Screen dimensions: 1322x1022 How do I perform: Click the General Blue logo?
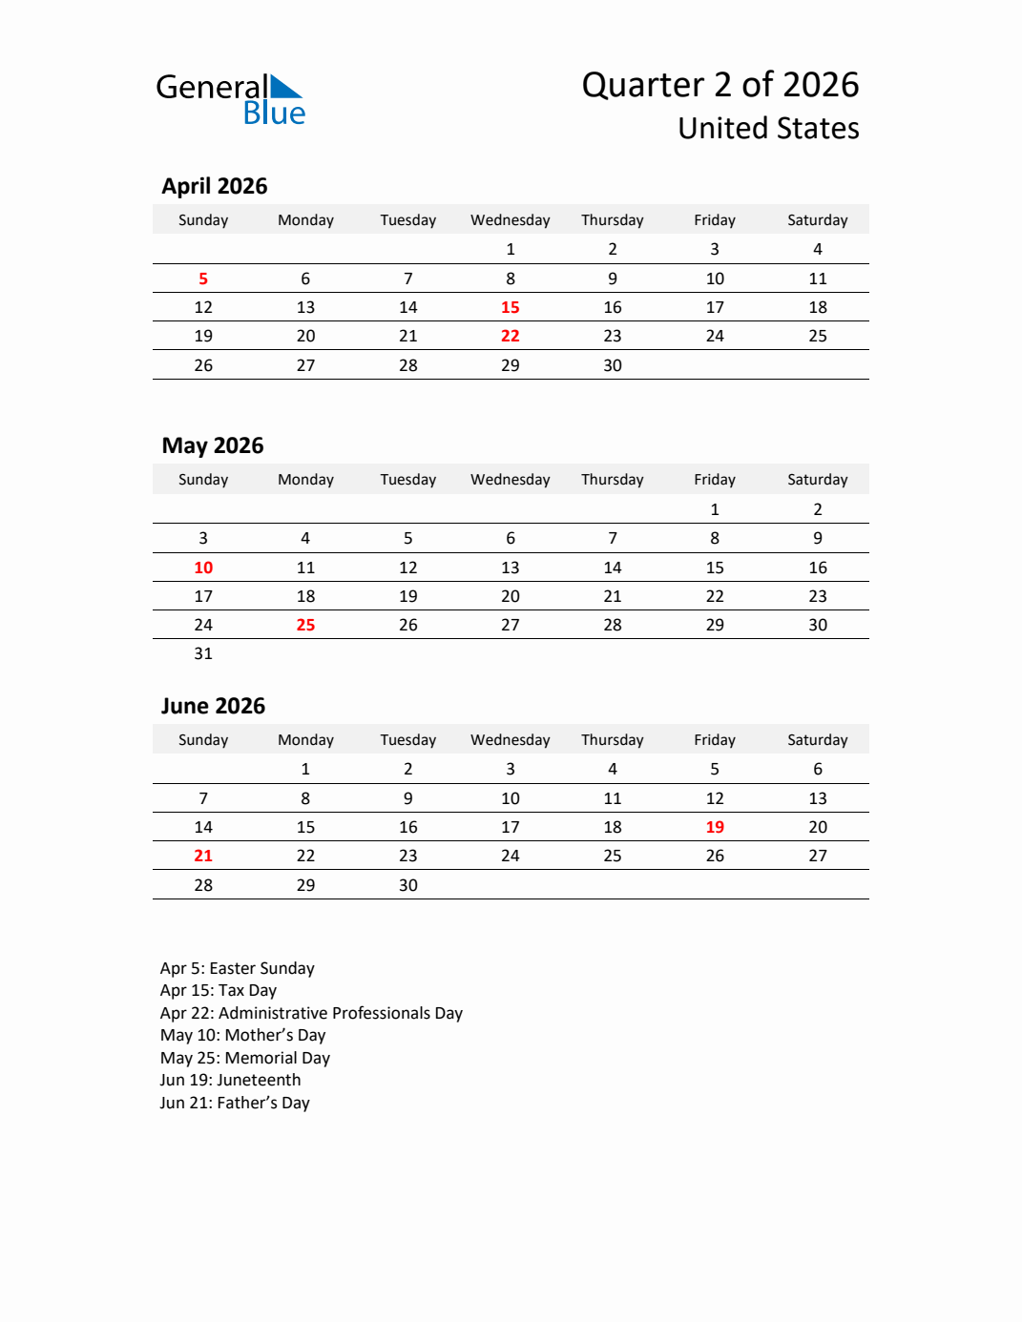pyautogui.click(x=230, y=99)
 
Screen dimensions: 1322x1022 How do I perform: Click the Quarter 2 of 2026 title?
pyautogui.click(x=720, y=85)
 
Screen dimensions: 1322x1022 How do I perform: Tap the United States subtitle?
pyautogui.click(x=768, y=129)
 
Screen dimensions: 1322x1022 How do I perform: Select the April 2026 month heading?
pyautogui.click(x=215, y=186)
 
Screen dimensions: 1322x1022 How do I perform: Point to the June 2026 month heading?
pyautogui.click(x=213, y=706)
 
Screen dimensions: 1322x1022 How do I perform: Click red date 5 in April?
pyautogui.click(x=203, y=279)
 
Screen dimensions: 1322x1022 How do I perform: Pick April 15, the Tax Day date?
pyautogui.click(x=511, y=307)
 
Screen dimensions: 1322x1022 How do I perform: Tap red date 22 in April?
pyautogui.click(x=511, y=336)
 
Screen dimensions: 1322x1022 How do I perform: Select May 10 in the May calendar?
pyautogui.click(x=203, y=568)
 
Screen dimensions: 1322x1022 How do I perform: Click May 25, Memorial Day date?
pyautogui.click(x=305, y=625)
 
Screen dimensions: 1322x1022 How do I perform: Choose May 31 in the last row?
pyautogui.click(x=203, y=653)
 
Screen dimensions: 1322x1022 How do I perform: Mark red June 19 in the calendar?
pyautogui.click(x=715, y=827)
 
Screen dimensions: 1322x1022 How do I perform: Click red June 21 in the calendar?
pyautogui.click(x=203, y=856)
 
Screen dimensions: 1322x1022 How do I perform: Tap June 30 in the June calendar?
pyautogui.click(x=408, y=885)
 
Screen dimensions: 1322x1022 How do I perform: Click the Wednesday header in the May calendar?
pyautogui.click(x=511, y=480)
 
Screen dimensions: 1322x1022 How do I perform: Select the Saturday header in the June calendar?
pyautogui.click(x=818, y=740)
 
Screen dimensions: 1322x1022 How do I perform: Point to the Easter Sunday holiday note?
pyautogui.click(x=238, y=968)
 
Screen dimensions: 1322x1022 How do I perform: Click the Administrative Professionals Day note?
pyautogui.click(x=311, y=1013)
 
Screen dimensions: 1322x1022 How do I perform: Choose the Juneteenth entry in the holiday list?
pyautogui.click(x=231, y=1080)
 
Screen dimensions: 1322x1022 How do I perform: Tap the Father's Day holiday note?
pyautogui.click(x=235, y=1103)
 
